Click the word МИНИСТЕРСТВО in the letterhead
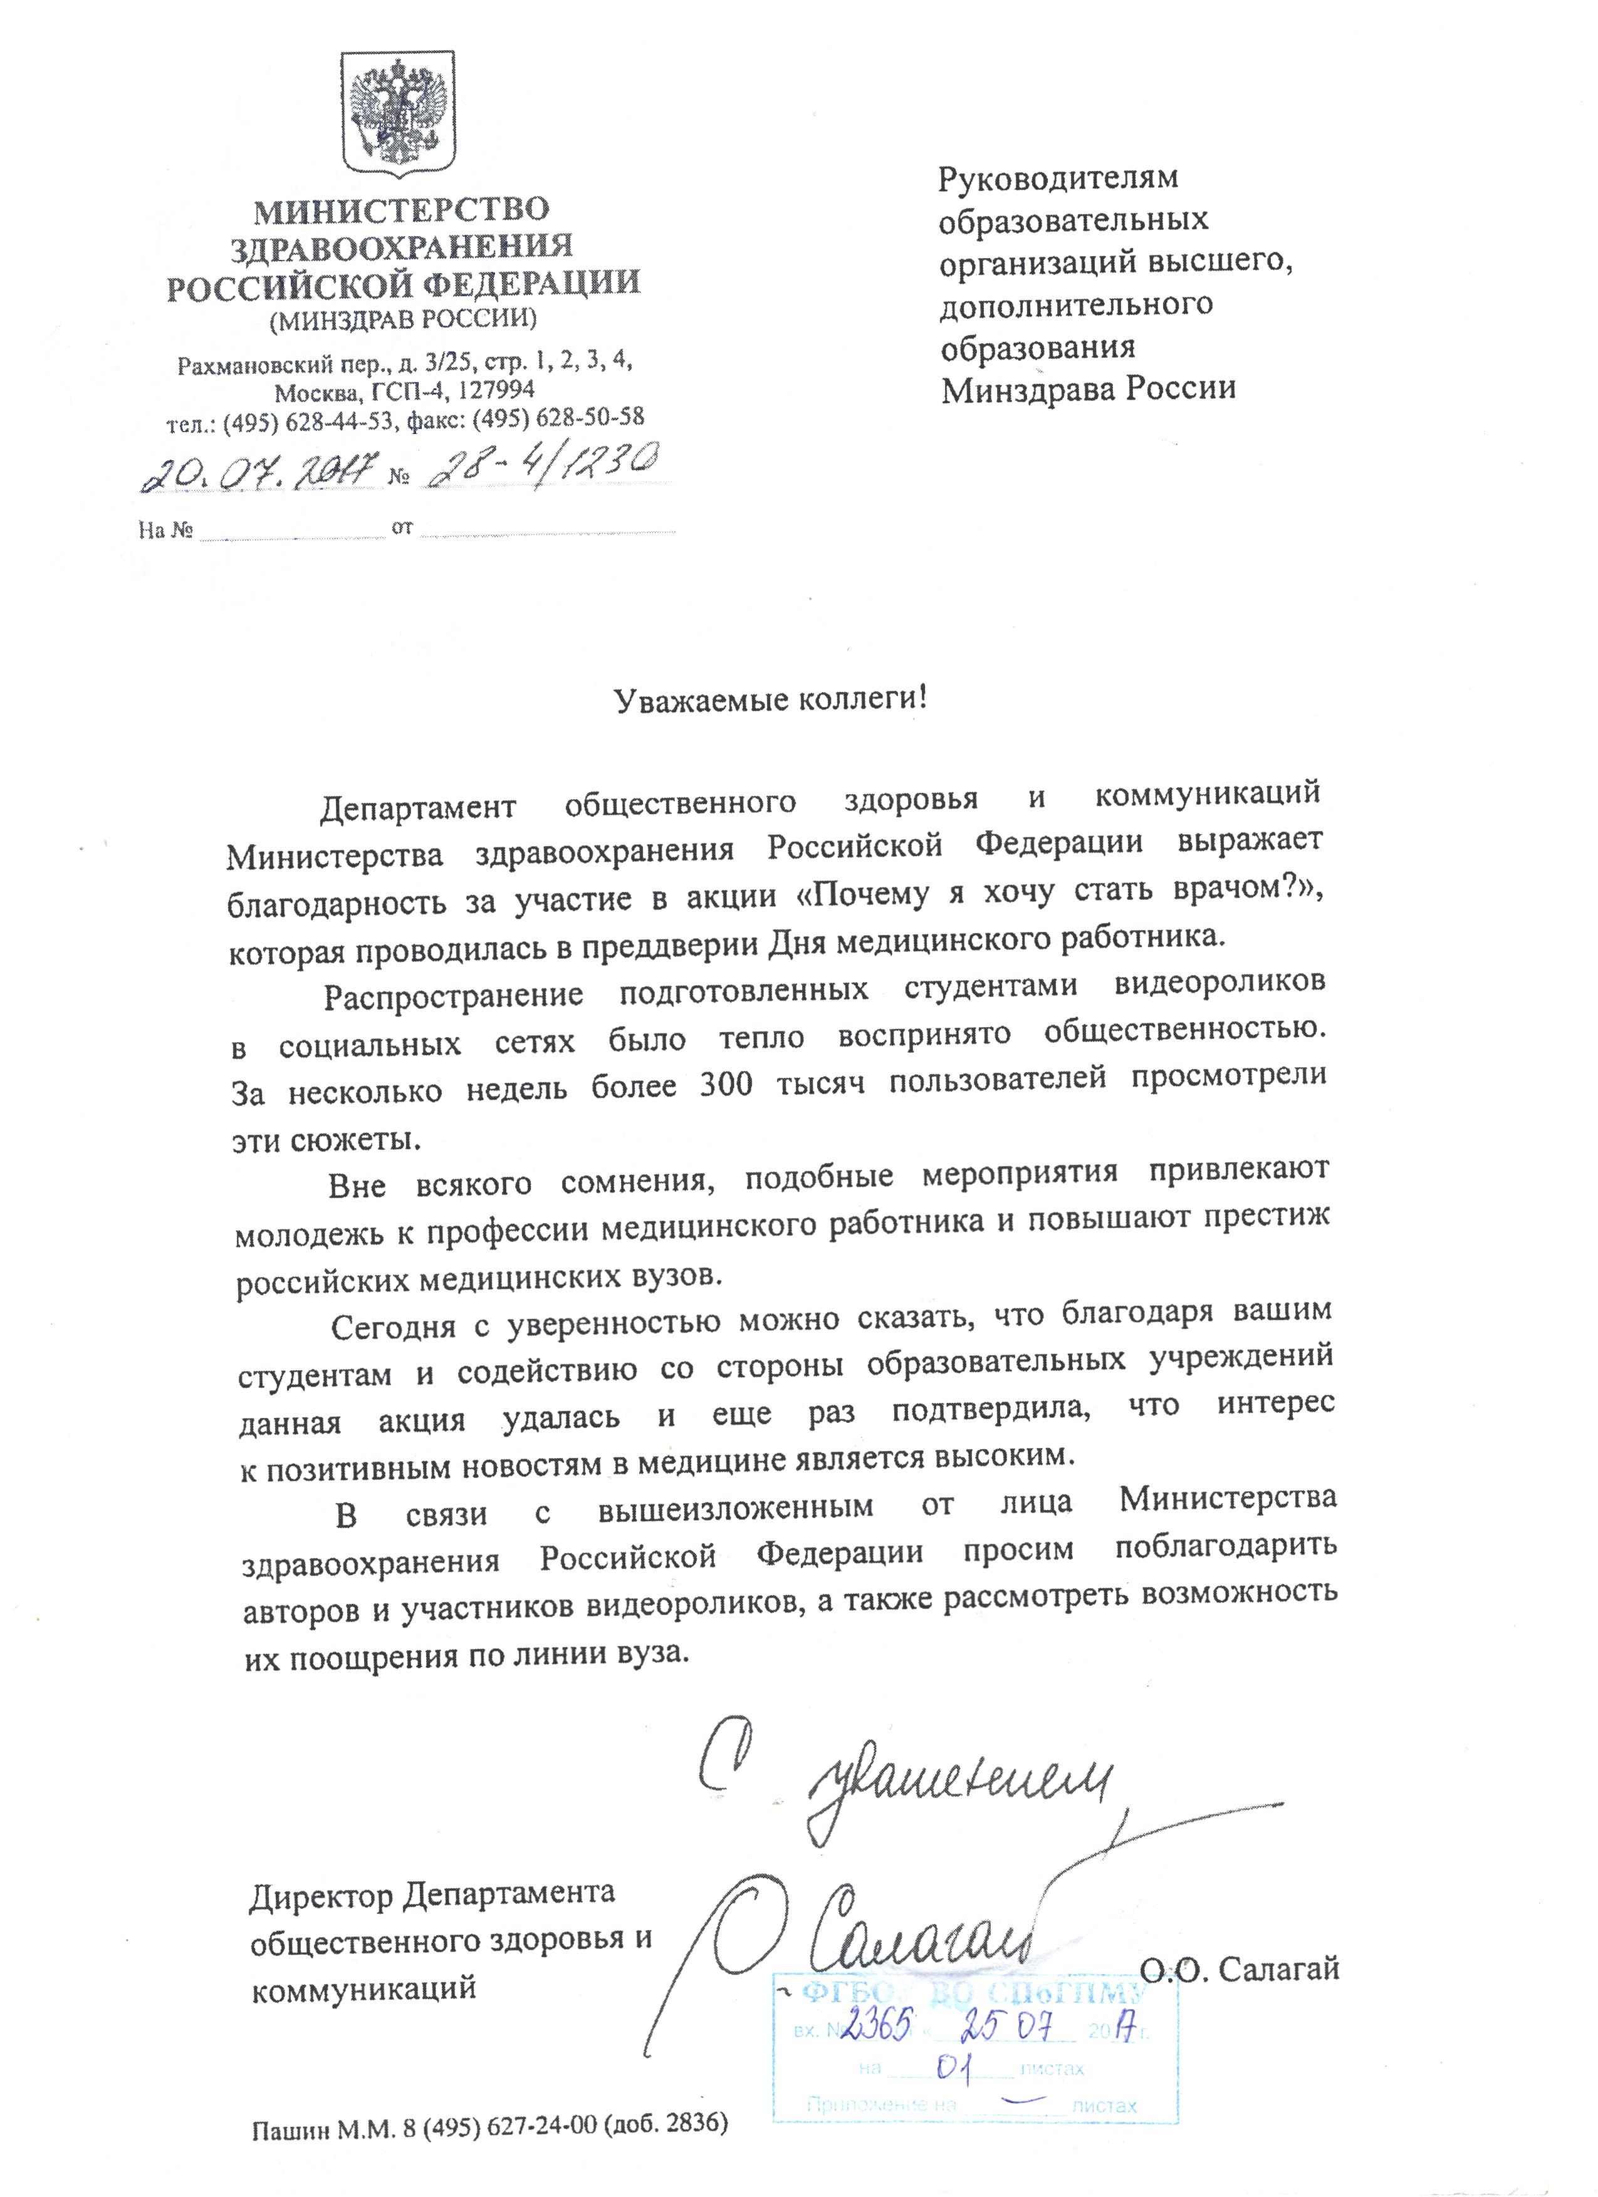401,209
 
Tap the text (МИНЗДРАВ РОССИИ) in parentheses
402,319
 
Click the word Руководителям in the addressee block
1058,178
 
